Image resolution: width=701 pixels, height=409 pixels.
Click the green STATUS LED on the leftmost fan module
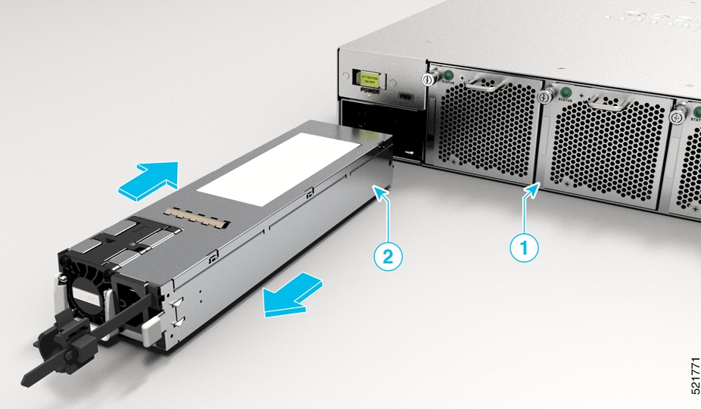coord(447,75)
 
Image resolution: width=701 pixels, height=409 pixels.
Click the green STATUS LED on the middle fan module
coord(564,92)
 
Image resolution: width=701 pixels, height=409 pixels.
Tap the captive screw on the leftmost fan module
coord(428,78)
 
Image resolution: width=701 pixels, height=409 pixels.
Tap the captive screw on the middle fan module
coord(543,96)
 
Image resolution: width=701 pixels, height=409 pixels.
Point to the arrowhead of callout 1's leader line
coord(538,188)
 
